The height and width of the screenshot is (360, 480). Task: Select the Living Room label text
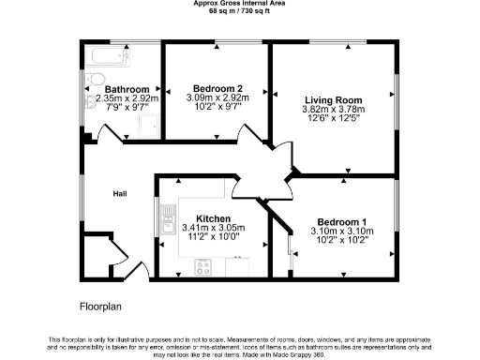(332, 98)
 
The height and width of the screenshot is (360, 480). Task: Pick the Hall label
(119, 193)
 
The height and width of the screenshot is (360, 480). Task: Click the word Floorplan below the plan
(100, 306)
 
